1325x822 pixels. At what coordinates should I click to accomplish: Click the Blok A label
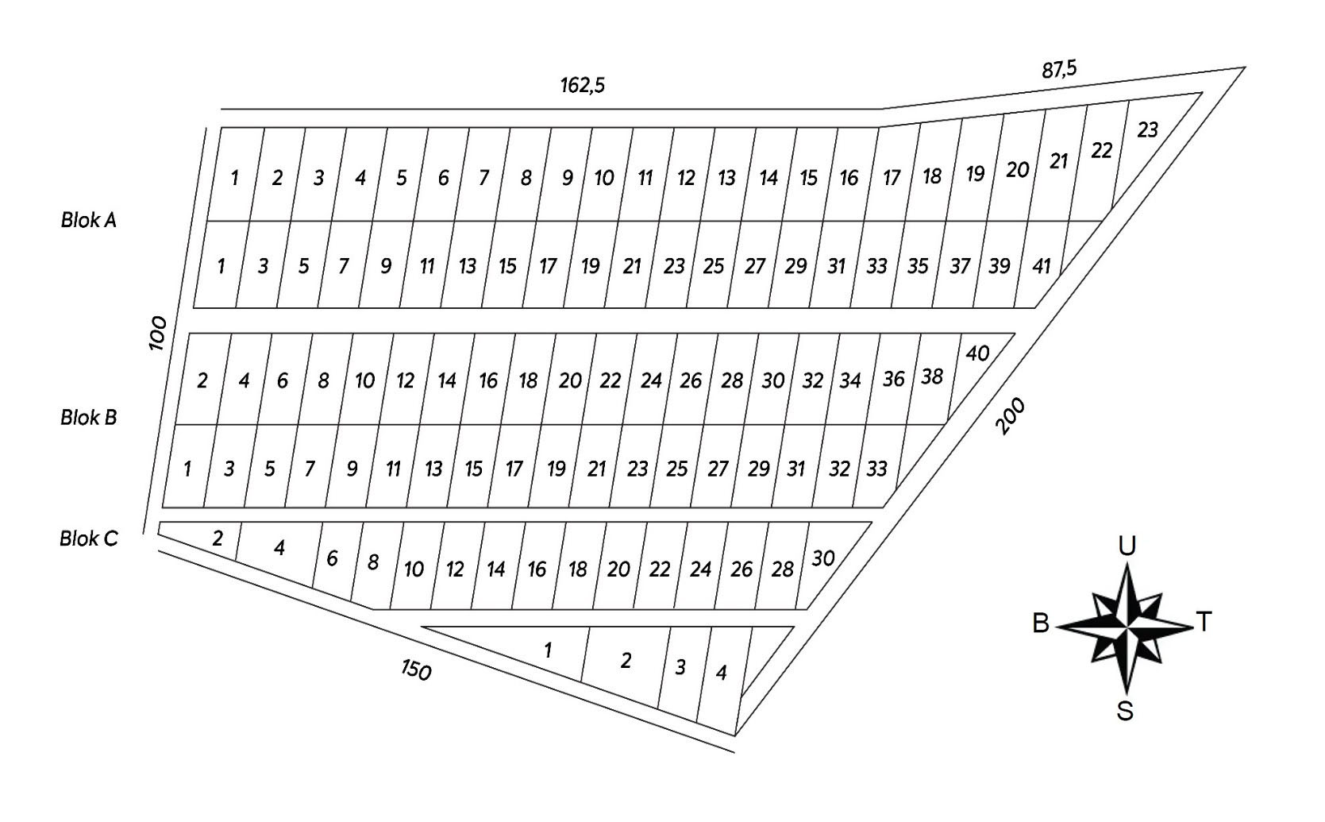88,220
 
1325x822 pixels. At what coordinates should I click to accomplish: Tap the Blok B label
88,417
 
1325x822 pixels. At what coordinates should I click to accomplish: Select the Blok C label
88,538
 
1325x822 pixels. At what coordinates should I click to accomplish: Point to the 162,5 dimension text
583,85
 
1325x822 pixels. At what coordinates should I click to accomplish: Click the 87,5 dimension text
1059,70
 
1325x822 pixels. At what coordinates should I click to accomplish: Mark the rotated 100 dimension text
158,333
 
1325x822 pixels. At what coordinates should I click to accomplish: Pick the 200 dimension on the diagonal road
1010,415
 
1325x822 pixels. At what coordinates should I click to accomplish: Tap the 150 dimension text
415,670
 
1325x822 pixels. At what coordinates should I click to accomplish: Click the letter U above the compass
1127,546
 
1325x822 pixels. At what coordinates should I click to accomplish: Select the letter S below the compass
1125,711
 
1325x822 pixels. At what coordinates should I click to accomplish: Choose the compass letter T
1204,621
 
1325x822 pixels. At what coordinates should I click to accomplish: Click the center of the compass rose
1127,626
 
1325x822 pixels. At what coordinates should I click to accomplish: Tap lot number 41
1040,266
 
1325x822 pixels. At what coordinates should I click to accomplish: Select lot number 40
977,353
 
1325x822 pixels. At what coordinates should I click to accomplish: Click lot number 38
932,376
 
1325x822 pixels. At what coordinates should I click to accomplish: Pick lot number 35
918,266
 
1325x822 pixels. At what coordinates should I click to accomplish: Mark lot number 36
893,379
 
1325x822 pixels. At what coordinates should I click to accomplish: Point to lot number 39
999,266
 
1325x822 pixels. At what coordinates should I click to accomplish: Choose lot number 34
850,380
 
